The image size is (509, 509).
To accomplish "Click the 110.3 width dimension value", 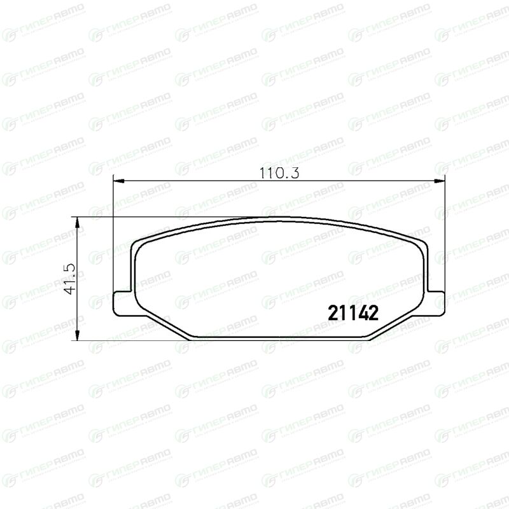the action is [x=279, y=173].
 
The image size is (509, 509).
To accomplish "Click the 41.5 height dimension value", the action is [x=70, y=279].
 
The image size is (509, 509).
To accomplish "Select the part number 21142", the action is [x=353, y=313].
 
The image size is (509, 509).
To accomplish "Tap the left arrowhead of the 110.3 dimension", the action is [x=119, y=181].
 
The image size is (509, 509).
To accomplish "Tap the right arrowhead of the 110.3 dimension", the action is [x=438, y=181].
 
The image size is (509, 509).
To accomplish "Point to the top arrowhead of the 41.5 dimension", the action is [x=77, y=223].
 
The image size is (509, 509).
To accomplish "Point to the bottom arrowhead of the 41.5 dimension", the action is [x=77, y=335].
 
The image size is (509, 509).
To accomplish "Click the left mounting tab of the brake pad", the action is [x=123, y=303].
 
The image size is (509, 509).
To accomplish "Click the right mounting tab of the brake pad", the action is [x=435, y=303].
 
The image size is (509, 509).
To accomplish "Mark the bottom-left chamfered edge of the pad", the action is [x=165, y=324].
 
